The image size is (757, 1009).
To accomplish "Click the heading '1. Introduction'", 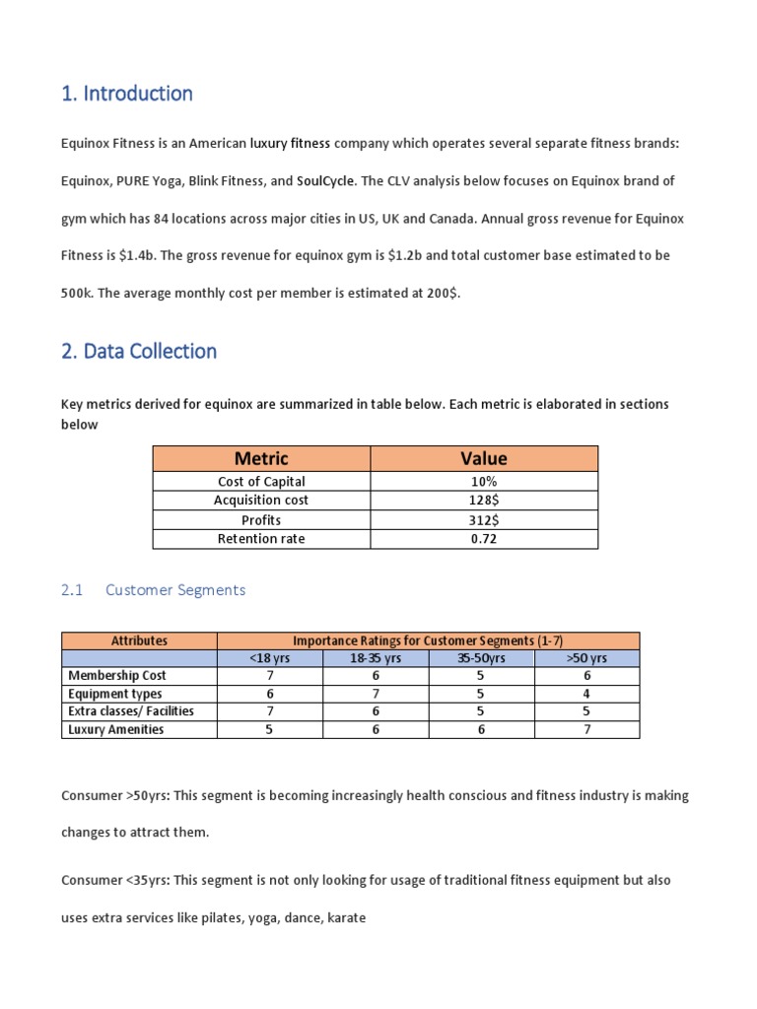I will (126, 94).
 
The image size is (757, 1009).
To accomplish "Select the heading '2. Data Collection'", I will (139, 351).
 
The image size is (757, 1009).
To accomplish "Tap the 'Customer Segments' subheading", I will (175, 589).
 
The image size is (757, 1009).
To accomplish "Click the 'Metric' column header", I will (261, 458).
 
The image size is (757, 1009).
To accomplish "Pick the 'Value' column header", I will (484, 458).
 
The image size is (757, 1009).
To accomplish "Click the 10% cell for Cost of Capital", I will (484, 482).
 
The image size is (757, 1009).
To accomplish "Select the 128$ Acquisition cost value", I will (484, 501).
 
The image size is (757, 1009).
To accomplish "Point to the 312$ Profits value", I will (484, 520).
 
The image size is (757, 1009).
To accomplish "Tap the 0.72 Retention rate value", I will (484, 539).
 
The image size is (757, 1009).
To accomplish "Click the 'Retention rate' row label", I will (261, 539).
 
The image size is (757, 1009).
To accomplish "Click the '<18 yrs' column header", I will (269, 658).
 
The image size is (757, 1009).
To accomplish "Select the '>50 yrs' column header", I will (586, 658).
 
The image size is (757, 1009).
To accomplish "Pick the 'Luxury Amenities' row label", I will (115, 729).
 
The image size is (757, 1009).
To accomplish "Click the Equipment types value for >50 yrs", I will (586, 694).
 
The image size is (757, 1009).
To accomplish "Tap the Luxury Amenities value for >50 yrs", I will (586, 729).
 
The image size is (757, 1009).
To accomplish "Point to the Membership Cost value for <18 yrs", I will (269, 676).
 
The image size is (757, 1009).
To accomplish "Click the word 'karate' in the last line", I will (347, 917).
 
